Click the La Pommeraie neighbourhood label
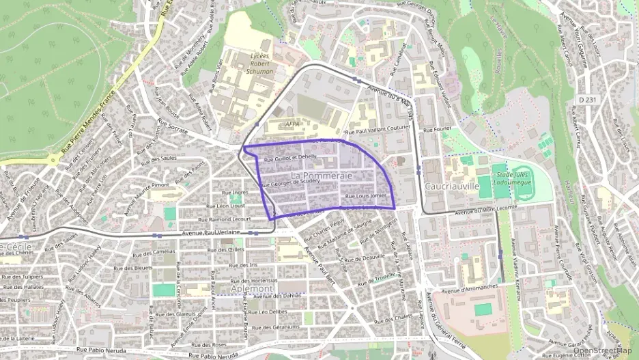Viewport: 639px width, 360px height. point(321,176)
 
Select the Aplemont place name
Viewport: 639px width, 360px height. point(252,289)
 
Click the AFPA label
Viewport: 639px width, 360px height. point(292,124)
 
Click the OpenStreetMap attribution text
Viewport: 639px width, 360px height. point(602,351)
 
